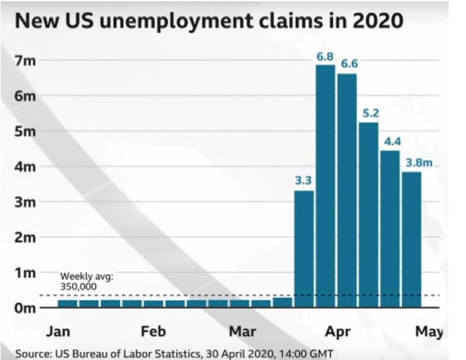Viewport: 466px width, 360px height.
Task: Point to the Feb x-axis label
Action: coord(154,332)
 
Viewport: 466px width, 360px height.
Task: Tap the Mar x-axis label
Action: coord(243,332)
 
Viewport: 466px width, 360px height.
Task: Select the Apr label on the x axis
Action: coord(338,332)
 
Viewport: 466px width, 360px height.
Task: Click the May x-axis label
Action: coord(429,332)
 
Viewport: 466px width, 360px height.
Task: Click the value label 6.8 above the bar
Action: coord(325,57)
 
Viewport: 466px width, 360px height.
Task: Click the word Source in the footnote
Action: coord(32,354)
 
